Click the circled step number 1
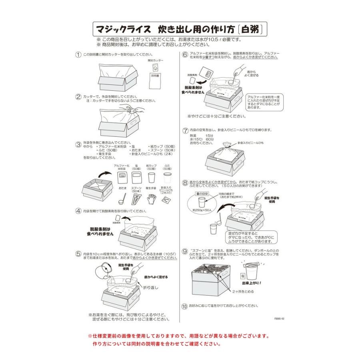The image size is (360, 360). tap(78, 54)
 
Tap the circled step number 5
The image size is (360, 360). tap(78, 253)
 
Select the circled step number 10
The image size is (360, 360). tap(184, 306)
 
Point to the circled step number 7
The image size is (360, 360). tap(185, 130)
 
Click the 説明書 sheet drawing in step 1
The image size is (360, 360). tap(155, 80)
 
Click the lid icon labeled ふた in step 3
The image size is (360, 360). tap(167, 176)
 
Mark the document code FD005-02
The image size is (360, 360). tap(279, 319)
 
